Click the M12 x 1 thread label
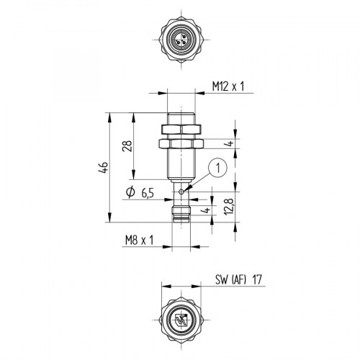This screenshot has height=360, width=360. [x=227, y=86]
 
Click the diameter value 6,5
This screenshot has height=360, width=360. [x=146, y=192]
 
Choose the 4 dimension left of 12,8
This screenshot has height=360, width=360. [x=205, y=211]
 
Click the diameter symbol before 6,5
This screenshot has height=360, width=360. [x=130, y=192]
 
